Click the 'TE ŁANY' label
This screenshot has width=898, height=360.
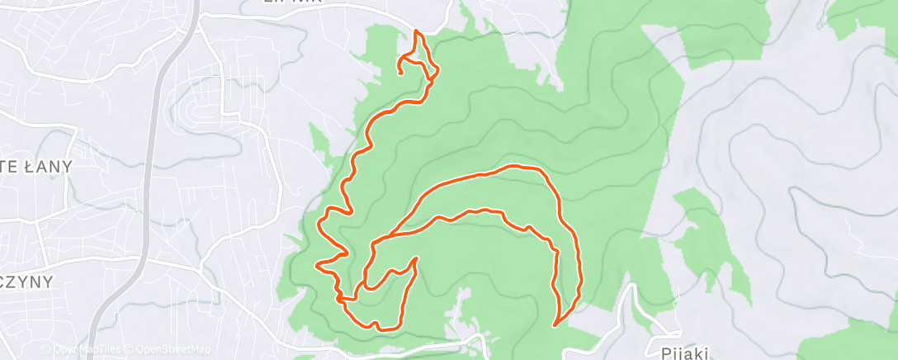(x=36, y=166)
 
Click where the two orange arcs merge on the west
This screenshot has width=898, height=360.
(x=376, y=244)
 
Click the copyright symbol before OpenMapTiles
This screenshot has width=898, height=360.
(x=46, y=350)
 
